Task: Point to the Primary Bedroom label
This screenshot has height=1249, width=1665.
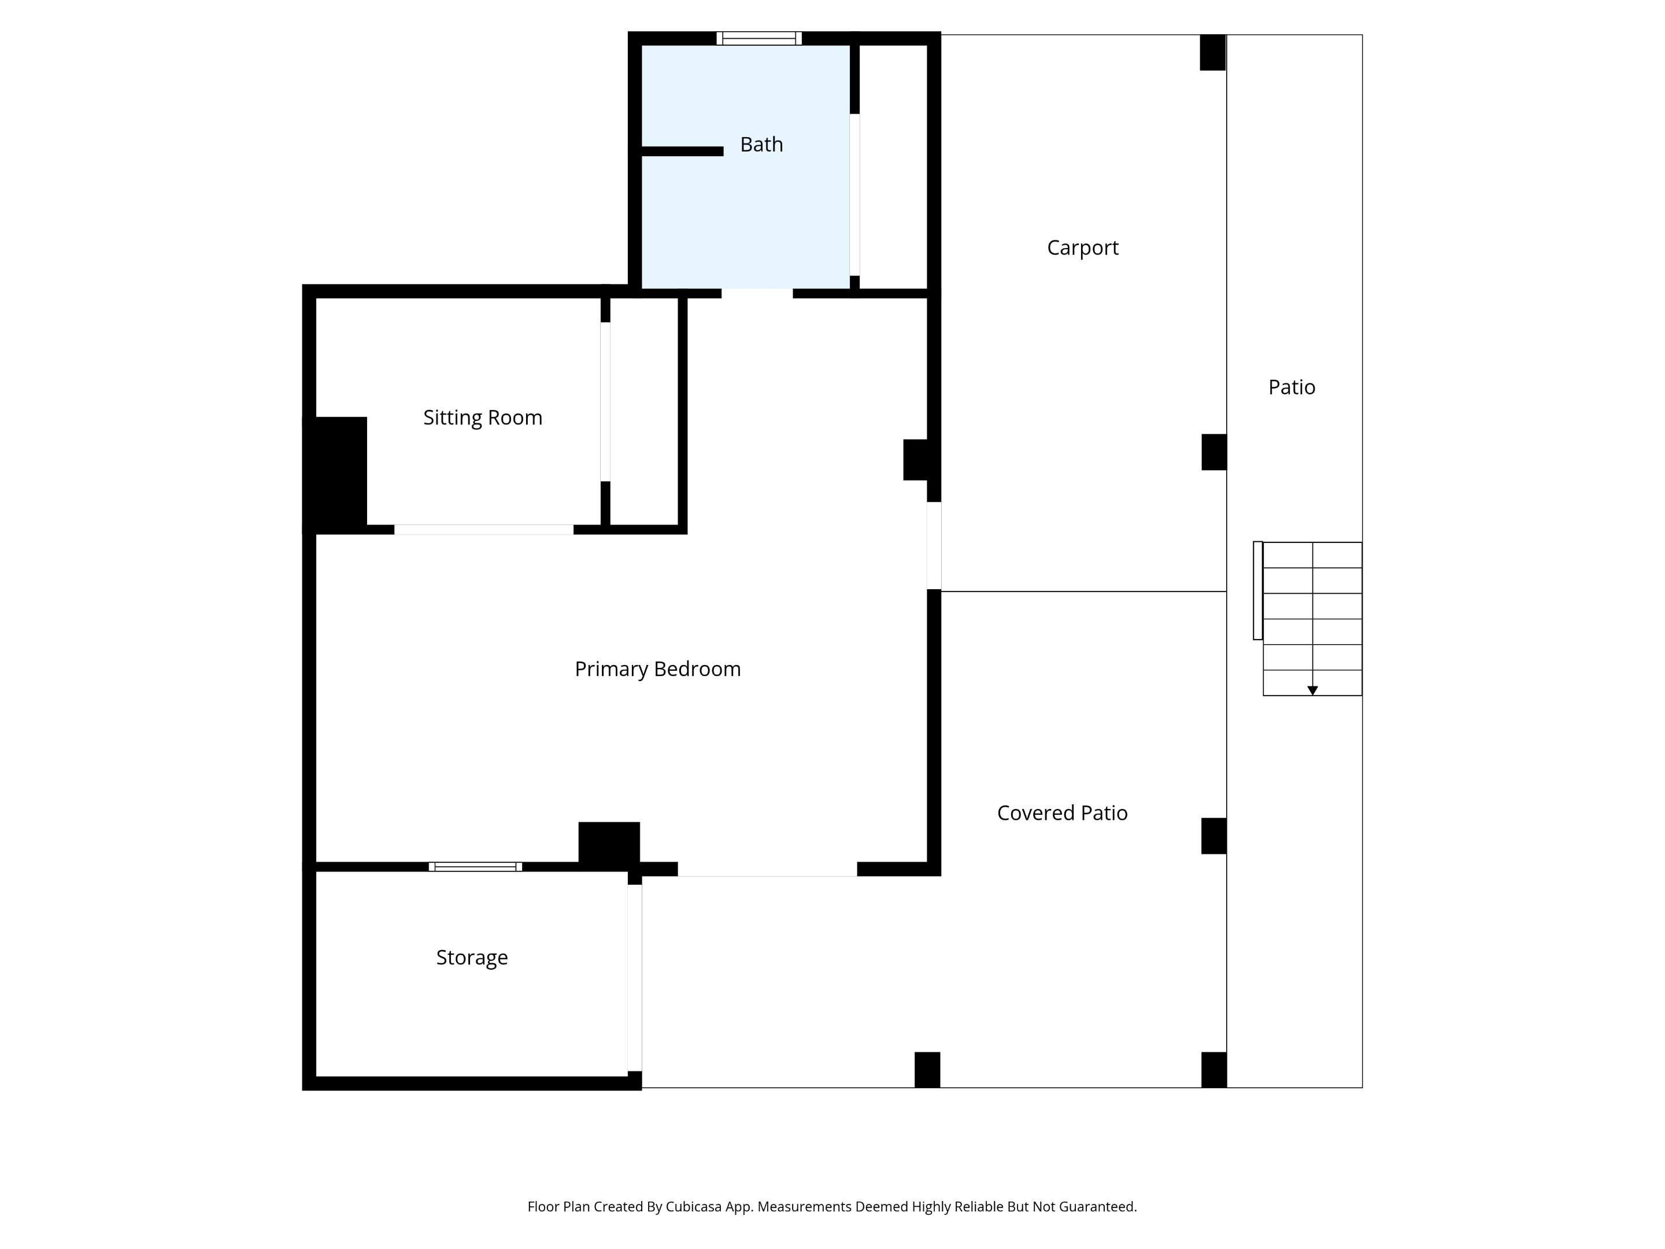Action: [657, 668]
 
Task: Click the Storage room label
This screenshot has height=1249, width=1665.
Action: [472, 958]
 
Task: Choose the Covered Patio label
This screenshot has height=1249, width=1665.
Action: [1062, 813]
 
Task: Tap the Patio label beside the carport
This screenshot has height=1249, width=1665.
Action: [1292, 387]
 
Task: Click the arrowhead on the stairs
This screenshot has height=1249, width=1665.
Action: [1313, 690]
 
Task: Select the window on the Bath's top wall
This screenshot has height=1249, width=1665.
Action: [758, 38]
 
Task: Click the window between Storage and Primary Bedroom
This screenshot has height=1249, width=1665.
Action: [476, 867]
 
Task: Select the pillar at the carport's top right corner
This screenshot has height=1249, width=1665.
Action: [1213, 53]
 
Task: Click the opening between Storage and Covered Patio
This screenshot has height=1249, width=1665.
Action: [635, 978]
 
